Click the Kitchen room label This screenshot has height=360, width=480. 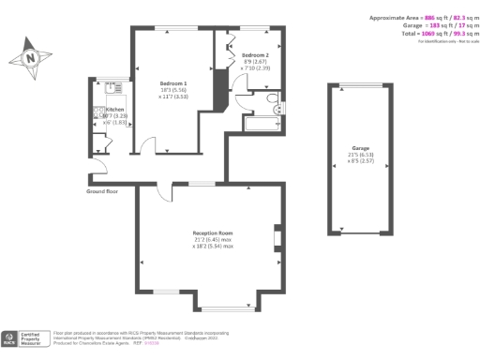[x=113, y=109]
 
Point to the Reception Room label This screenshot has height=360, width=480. [x=212, y=232]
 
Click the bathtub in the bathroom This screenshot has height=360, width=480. [x=259, y=122]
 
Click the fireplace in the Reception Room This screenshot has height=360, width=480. [x=276, y=238]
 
